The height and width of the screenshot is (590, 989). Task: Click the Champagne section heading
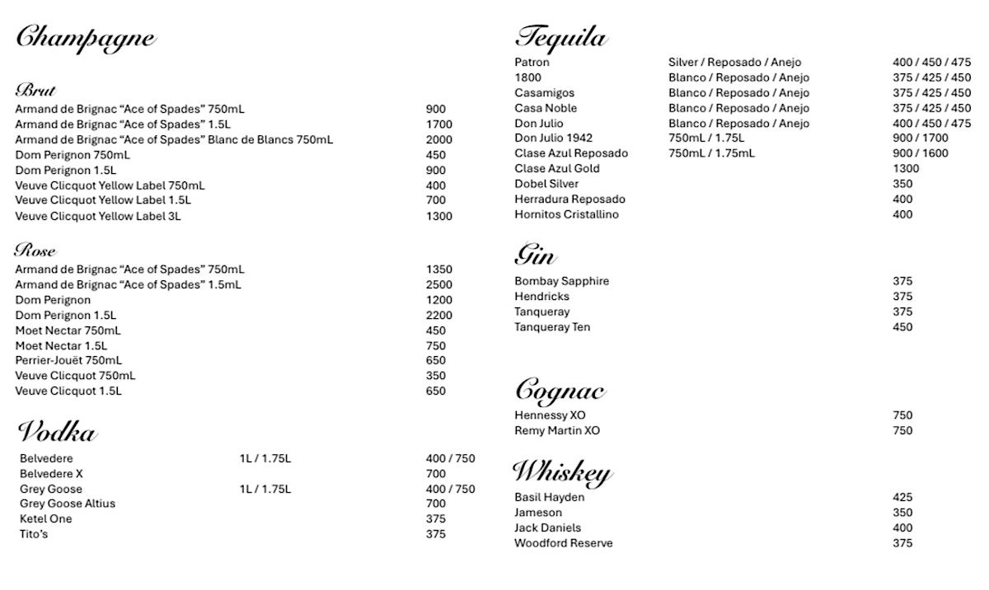(x=85, y=38)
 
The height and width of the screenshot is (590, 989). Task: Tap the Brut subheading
(x=35, y=90)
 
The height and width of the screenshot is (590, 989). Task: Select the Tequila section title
(x=561, y=37)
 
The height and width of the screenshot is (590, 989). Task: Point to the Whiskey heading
(x=561, y=472)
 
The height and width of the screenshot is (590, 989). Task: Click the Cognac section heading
(x=560, y=390)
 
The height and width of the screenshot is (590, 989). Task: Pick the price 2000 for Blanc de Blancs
(x=439, y=140)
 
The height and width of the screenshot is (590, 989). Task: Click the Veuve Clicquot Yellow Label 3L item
(x=98, y=217)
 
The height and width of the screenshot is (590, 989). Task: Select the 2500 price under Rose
(x=439, y=284)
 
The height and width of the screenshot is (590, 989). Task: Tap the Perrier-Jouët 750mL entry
(x=68, y=360)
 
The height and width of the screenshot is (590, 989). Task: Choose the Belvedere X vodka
(x=51, y=474)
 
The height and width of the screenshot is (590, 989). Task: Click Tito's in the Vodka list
(x=35, y=534)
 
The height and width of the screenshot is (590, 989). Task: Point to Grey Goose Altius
(x=68, y=503)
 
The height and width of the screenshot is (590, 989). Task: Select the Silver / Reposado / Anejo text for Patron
(x=734, y=63)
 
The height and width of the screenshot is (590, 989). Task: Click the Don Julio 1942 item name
(x=553, y=138)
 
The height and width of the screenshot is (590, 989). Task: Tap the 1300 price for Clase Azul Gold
(x=906, y=168)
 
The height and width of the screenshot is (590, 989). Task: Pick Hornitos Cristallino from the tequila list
(x=566, y=214)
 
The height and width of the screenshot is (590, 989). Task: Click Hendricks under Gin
(x=541, y=297)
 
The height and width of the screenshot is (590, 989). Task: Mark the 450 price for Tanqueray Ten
(x=902, y=327)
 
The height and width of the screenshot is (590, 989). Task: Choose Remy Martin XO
(x=557, y=430)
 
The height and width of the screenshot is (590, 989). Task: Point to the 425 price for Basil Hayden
(x=902, y=498)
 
